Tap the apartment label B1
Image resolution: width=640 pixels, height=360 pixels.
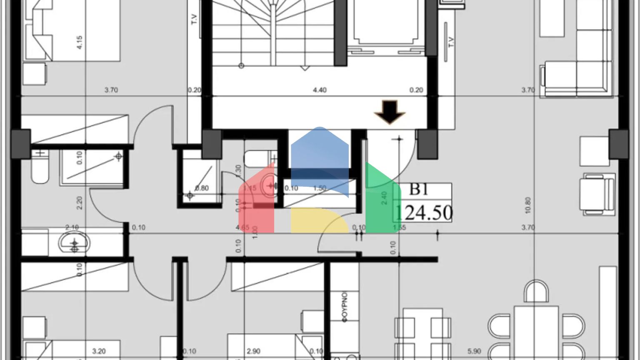pyautogui.click(x=418, y=189)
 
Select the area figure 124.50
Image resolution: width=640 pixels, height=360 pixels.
pyautogui.click(x=423, y=212)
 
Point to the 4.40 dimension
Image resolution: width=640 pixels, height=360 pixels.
pyautogui.click(x=320, y=90)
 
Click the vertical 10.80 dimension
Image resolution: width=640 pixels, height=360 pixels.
pyautogui.click(x=528, y=205)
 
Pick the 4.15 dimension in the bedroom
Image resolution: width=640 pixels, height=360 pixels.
pyautogui.click(x=80, y=42)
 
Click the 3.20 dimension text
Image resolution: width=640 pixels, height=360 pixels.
pyautogui.click(x=99, y=351)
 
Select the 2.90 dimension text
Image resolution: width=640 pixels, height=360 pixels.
pyautogui.click(x=253, y=351)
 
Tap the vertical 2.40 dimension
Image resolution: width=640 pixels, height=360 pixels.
pyautogui.click(x=384, y=197)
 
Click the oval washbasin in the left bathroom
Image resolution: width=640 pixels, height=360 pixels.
pyautogui.click(x=74, y=243)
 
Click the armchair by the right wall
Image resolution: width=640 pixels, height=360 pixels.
pyautogui.click(x=598, y=195)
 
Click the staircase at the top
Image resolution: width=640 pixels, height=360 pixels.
pyautogui.click(x=273, y=33)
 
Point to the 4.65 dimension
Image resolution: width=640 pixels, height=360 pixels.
pyautogui.click(x=242, y=227)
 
